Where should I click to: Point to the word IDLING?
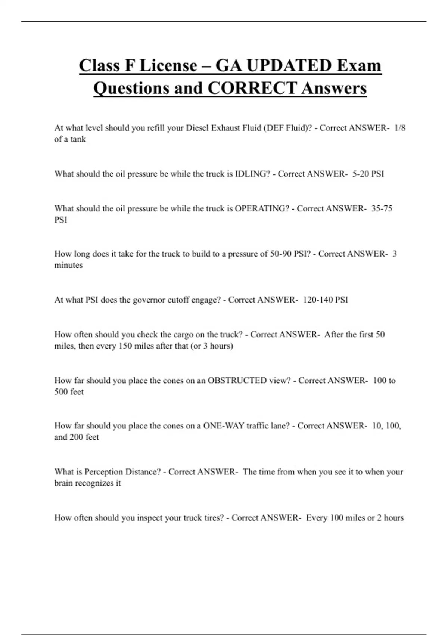pyautogui.click(x=252, y=174)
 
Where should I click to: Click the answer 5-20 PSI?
pyautogui.click(x=368, y=174)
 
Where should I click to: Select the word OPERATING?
pyautogui.click(x=262, y=208)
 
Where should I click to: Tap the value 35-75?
pyautogui.click(x=382, y=208)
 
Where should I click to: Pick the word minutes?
pyautogui.click(x=68, y=265)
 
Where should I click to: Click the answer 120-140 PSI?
pyautogui.click(x=325, y=300)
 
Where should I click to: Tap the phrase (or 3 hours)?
pyautogui.click(x=212, y=346)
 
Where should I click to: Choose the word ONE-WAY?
pyautogui.click(x=224, y=426)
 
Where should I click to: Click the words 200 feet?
pyautogui.click(x=84, y=437)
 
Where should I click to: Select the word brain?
pyautogui.click(x=63, y=483)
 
